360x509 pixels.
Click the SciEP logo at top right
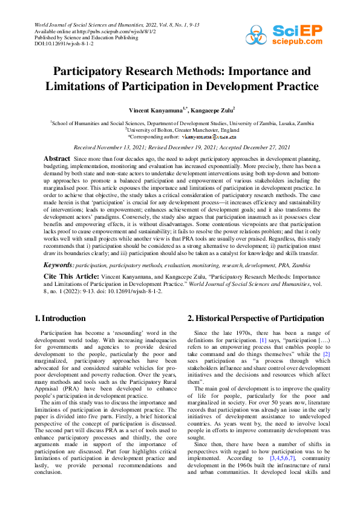(x=289, y=36)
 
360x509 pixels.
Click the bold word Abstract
(x=57, y=158)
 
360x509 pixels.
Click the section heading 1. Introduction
(x=61, y=319)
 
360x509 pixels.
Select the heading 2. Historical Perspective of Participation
(x=255, y=319)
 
